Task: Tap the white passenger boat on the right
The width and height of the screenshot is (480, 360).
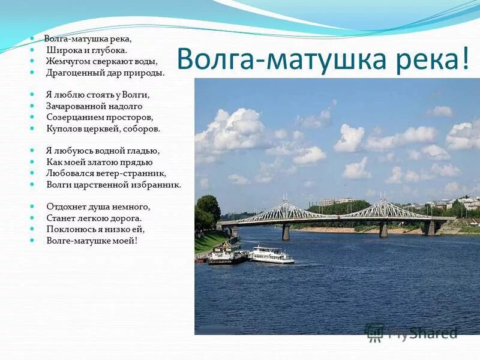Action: coord(271,255)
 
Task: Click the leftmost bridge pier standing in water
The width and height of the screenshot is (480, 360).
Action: coord(286,232)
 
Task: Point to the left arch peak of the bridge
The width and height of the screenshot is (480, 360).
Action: coord(287,203)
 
